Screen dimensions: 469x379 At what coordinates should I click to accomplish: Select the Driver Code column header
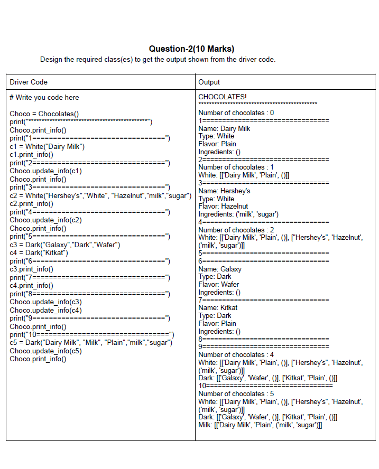pyautogui.click(x=29, y=82)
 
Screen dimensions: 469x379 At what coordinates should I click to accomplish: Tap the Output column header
pyautogui.click(x=209, y=82)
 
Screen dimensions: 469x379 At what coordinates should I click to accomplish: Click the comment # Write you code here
pyautogui.click(x=44, y=97)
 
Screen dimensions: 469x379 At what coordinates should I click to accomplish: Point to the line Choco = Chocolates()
pyautogui.click(x=44, y=114)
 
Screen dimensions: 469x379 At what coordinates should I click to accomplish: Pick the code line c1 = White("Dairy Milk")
pyautogui.click(x=47, y=146)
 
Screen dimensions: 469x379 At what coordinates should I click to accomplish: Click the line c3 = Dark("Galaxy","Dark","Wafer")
pyautogui.click(x=64, y=245)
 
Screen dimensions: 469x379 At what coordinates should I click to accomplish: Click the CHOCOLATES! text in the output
pyautogui.click(x=223, y=97)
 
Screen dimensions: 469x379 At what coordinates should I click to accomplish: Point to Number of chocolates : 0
pyautogui.click(x=236, y=112)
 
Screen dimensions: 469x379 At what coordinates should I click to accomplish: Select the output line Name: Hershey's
pyautogui.click(x=224, y=191)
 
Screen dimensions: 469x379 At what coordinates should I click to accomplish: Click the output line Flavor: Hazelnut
pyautogui.click(x=223, y=206)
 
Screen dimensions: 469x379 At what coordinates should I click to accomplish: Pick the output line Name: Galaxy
pyautogui.click(x=220, y=269)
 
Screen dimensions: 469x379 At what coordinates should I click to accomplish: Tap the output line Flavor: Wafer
pyautogui.click(x=218, y=284)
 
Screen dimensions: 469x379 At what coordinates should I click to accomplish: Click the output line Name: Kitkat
pyautogui.click(x=218, y=307)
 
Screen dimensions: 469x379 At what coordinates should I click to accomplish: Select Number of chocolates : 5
pyautogui.click(x=236, y=393)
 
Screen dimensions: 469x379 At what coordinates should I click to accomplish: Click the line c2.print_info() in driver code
pyautogui.click(x=32, y=203)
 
